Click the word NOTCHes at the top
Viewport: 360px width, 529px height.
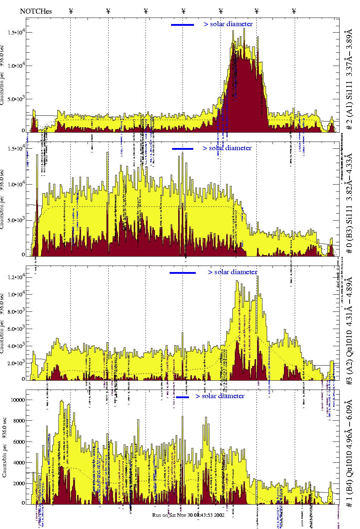(36, 11)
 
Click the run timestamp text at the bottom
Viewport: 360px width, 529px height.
(188, 515)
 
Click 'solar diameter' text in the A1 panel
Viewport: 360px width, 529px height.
(231, 24)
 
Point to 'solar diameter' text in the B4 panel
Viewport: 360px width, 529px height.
(223, 396)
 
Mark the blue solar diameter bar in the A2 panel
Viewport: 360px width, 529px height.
(183, 273)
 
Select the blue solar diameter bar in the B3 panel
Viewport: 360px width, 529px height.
(183, 149)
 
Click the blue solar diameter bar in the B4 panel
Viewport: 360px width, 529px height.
(183, 397)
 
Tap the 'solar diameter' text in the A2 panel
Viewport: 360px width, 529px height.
(236, 272)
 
